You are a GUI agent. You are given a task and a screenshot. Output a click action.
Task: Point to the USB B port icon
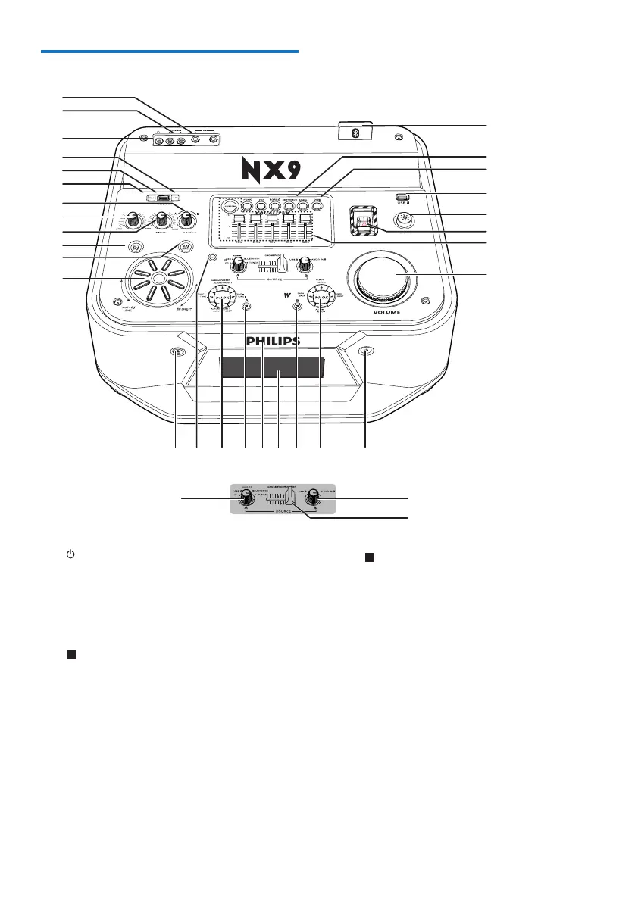click(402, 198)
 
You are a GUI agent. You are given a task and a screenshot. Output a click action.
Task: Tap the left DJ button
click(136, 247)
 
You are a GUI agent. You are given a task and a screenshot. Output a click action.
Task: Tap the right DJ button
click(184, 246)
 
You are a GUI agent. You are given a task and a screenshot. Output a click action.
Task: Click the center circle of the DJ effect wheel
click(158, 278)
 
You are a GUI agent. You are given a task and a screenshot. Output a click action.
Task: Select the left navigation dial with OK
click(222, 298)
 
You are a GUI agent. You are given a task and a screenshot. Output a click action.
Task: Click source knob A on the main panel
click(239, 264)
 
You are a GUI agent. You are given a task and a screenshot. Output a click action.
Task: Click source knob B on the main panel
click(305, 264)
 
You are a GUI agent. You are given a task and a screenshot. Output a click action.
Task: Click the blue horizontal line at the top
click(170, 51)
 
